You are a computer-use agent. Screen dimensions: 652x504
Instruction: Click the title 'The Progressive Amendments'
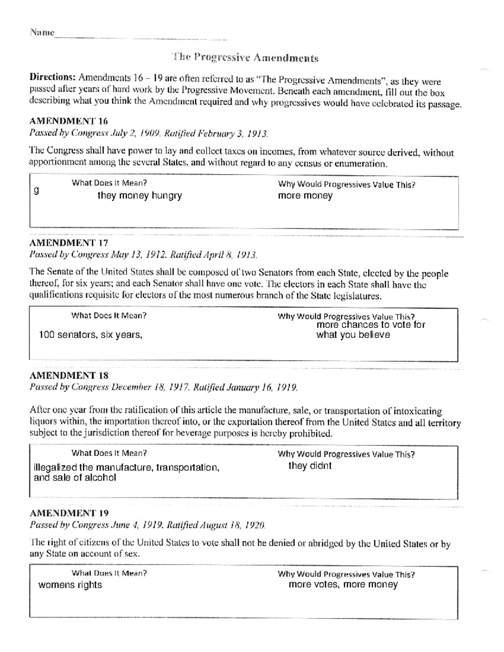(x=245, y=58)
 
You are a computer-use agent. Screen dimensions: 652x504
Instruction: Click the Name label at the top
(x=42, y=32)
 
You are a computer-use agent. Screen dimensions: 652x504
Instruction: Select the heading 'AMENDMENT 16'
(x=68, y=121)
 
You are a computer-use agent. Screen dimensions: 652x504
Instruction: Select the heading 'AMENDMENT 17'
(x=68, y=243)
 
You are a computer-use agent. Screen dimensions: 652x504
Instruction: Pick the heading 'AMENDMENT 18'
(x=68, y=375)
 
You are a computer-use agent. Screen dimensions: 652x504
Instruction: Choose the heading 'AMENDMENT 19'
(x=69, y=513)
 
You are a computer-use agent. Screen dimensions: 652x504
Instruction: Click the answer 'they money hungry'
(x=139, y=196)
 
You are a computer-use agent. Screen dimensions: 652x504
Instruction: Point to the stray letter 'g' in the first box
(x=37, y=191)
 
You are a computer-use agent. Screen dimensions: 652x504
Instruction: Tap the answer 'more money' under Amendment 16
(x=305, y=196)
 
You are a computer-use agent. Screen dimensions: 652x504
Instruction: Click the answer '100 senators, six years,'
(x=90, y=335)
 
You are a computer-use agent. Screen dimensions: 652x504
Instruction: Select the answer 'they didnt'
(x=310, y=466)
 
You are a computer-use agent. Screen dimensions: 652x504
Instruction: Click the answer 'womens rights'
(x=70, y=585)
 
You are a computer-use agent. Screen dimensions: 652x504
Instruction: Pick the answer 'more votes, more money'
(x=343, y=584)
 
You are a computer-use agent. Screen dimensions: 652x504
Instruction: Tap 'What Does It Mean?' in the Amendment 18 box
(x=109, y=453)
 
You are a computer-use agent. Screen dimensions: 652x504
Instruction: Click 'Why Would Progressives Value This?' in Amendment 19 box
(x=346, y=574)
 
